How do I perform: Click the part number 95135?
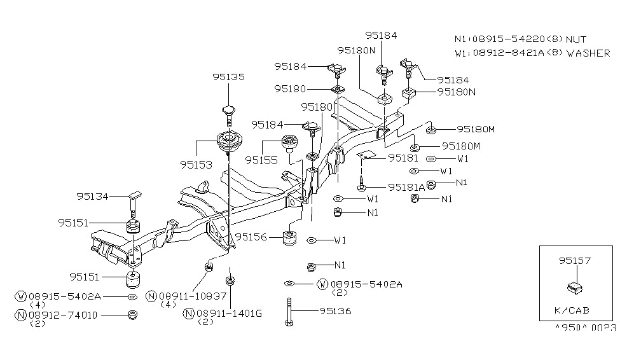(x=228, y=77)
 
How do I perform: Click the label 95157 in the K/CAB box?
(x=575, y=260)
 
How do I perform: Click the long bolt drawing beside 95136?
(x=289, y=312)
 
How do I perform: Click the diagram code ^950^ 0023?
(x=586, y=329)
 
